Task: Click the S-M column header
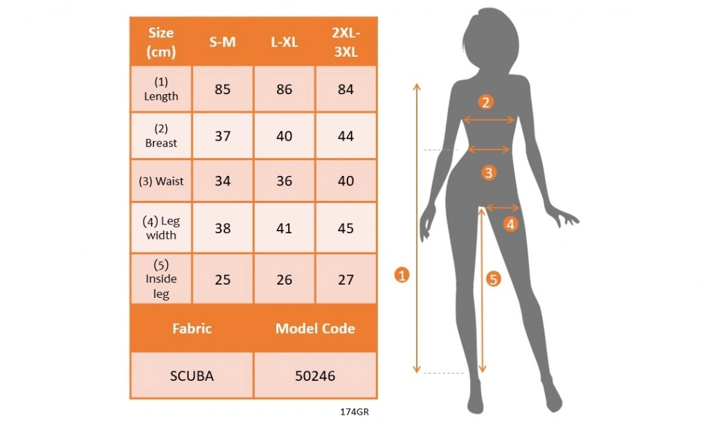click(222, 42)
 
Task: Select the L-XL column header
click(284, 42)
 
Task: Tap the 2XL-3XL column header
click(345, 42)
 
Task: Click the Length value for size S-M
click(222, 89)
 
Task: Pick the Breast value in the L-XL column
click(284, 136)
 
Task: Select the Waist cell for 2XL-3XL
click(345, 181)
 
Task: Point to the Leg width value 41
click(284, 228)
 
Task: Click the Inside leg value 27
click(345, 280)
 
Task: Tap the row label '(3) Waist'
click(161, 181)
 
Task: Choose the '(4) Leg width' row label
click(161, 228)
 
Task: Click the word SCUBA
click(192, 376)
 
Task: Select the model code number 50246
click(315, 376)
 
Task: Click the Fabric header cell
click(192, 328)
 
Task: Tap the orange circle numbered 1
click(402, 275)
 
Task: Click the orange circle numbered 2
click(486, 102)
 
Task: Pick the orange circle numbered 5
click(493, 279)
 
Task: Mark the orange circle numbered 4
click(510, 224)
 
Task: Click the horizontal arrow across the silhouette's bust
click(489, 120)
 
